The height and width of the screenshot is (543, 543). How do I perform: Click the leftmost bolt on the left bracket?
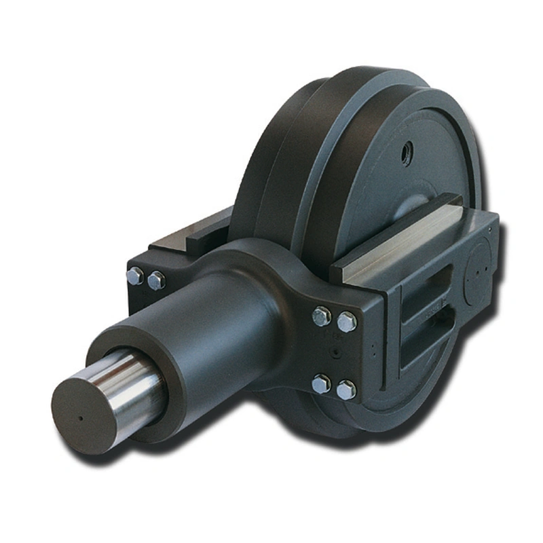pos(134,276)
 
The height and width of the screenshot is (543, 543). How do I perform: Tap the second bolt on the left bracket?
pos(156,279)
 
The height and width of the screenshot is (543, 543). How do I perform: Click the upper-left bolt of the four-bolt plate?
pos(321,316)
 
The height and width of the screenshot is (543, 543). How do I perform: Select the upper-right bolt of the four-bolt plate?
pos(347,321)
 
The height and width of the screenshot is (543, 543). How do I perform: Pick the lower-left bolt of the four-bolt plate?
pos(320,384)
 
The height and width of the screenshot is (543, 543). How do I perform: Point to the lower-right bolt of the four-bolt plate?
pos(345,390)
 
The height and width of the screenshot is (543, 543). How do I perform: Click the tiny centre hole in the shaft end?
pos(81,418)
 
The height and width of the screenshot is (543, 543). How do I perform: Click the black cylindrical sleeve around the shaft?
pos(204,319)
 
